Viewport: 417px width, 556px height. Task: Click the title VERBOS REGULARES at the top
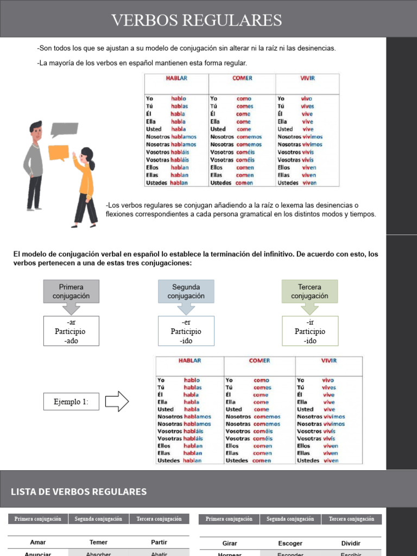click(197, 21)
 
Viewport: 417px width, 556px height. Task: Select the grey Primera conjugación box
click(71, 292)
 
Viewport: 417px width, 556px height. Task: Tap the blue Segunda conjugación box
click(186, 292)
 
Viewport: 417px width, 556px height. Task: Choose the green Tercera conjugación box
click(309, 292)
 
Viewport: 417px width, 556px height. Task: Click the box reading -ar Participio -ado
click(71, 331)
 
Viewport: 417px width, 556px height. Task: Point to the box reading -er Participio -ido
click(186, 331)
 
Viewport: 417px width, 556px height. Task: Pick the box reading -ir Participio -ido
click(309, 331)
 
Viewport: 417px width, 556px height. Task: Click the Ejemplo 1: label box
click(71, 402)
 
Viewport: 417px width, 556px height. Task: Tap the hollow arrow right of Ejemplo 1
click(116, 402)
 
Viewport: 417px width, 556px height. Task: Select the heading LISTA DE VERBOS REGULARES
click(79, 492)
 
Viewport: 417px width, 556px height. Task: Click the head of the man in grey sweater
click(36, 130)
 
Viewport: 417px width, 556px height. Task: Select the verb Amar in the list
click(38, 542)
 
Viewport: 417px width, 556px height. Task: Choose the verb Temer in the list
click(99, 542)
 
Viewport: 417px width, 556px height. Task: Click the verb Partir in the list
click(160, 542)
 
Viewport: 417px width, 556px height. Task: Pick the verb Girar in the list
click(230, 543)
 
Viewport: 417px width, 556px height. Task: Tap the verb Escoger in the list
click(290, 543)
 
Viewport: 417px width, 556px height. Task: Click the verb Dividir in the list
click(351, 543)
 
